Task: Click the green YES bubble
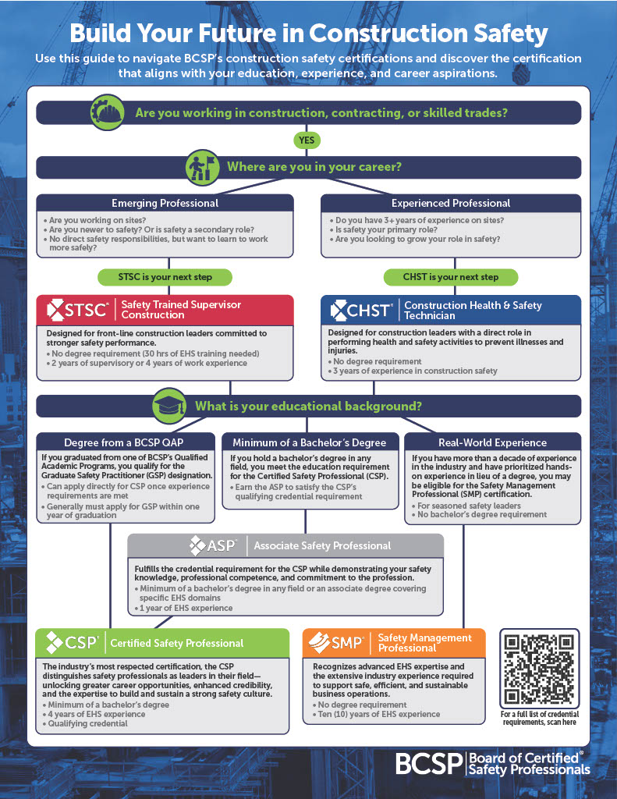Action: click(x=307, y=140)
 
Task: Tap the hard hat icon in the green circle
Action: click(x=107, y=112)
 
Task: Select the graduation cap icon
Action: click(x=170, y=406)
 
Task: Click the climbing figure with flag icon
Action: click(x=202, y=167)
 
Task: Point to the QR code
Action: click(x=540, y=669)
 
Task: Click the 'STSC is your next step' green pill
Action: click(x=165, y=277)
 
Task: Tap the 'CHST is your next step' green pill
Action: click(x=451, y=277)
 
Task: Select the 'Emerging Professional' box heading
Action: click(x=165, y=204)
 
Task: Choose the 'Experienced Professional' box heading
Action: click(x=451, y=204)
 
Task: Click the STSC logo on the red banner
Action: click(x=77, y=310)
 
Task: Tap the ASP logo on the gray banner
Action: click(x=213, y=545)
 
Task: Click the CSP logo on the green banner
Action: click(x=72, y=643)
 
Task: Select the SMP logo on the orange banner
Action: click(x=336, y=643)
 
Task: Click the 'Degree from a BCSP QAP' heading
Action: click(x=123, y=442)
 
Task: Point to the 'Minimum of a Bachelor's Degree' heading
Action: click(x=309, y=442)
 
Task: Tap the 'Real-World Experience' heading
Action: click(x=492, y=442)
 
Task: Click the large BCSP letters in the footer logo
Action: click(x=429, y=764)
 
